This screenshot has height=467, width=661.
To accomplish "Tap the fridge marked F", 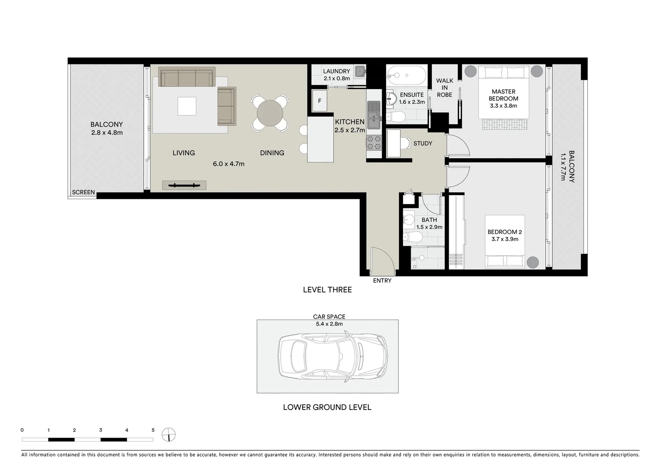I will click(x=319, y=101).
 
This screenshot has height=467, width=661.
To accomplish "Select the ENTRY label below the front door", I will click(x=382, y=281).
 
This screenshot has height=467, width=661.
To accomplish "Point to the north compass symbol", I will click(x=169, y=434).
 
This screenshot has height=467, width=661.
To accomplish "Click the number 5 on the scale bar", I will click(x=153, y=430).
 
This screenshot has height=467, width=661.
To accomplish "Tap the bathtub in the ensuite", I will click(x=406, y=75).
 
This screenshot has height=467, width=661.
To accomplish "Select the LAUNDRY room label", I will click(x=336, y=71).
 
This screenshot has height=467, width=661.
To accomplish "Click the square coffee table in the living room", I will click(x=187, y=106).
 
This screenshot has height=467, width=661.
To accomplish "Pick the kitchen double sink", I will click(x=374, y=114).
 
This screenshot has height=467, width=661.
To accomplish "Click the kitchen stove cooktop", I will click(x=374, y=142).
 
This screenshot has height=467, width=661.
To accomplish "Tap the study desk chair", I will click(x=405, y=143).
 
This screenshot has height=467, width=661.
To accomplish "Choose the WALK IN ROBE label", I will click(x=444, y=88).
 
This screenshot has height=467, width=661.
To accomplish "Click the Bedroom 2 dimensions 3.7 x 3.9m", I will click(x=505, y=239).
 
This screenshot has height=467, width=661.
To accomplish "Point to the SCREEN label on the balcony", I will click(x=83, y=192).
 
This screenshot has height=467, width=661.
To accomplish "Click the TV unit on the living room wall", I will click(x=184, y=186).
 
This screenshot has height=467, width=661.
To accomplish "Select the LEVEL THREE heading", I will click(x=327, y=290).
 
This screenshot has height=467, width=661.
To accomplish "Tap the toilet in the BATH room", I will click(x=413, y=237).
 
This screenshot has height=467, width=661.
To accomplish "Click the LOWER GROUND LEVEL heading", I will click(x=327, y=407).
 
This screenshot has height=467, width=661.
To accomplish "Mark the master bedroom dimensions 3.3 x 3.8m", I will click(x=503, y=106).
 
